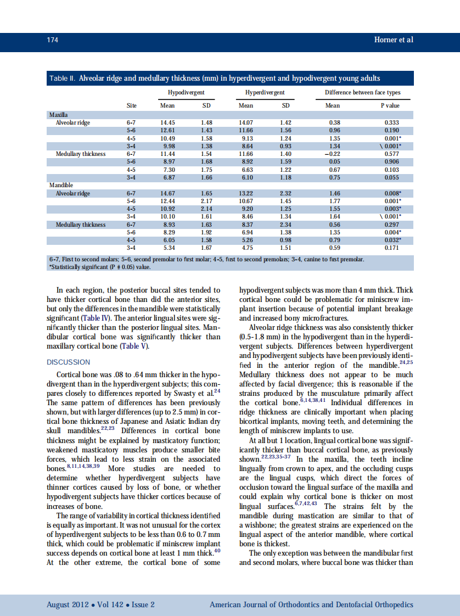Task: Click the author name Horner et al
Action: [393, 40]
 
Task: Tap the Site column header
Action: [131, 105]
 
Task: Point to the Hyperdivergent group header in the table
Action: [265, 93]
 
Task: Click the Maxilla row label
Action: [58, 115]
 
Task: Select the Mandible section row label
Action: [61, 186]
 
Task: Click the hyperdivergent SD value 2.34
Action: [285, 225]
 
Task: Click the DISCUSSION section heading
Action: [68, 362]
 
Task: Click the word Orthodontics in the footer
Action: [297, 605]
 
